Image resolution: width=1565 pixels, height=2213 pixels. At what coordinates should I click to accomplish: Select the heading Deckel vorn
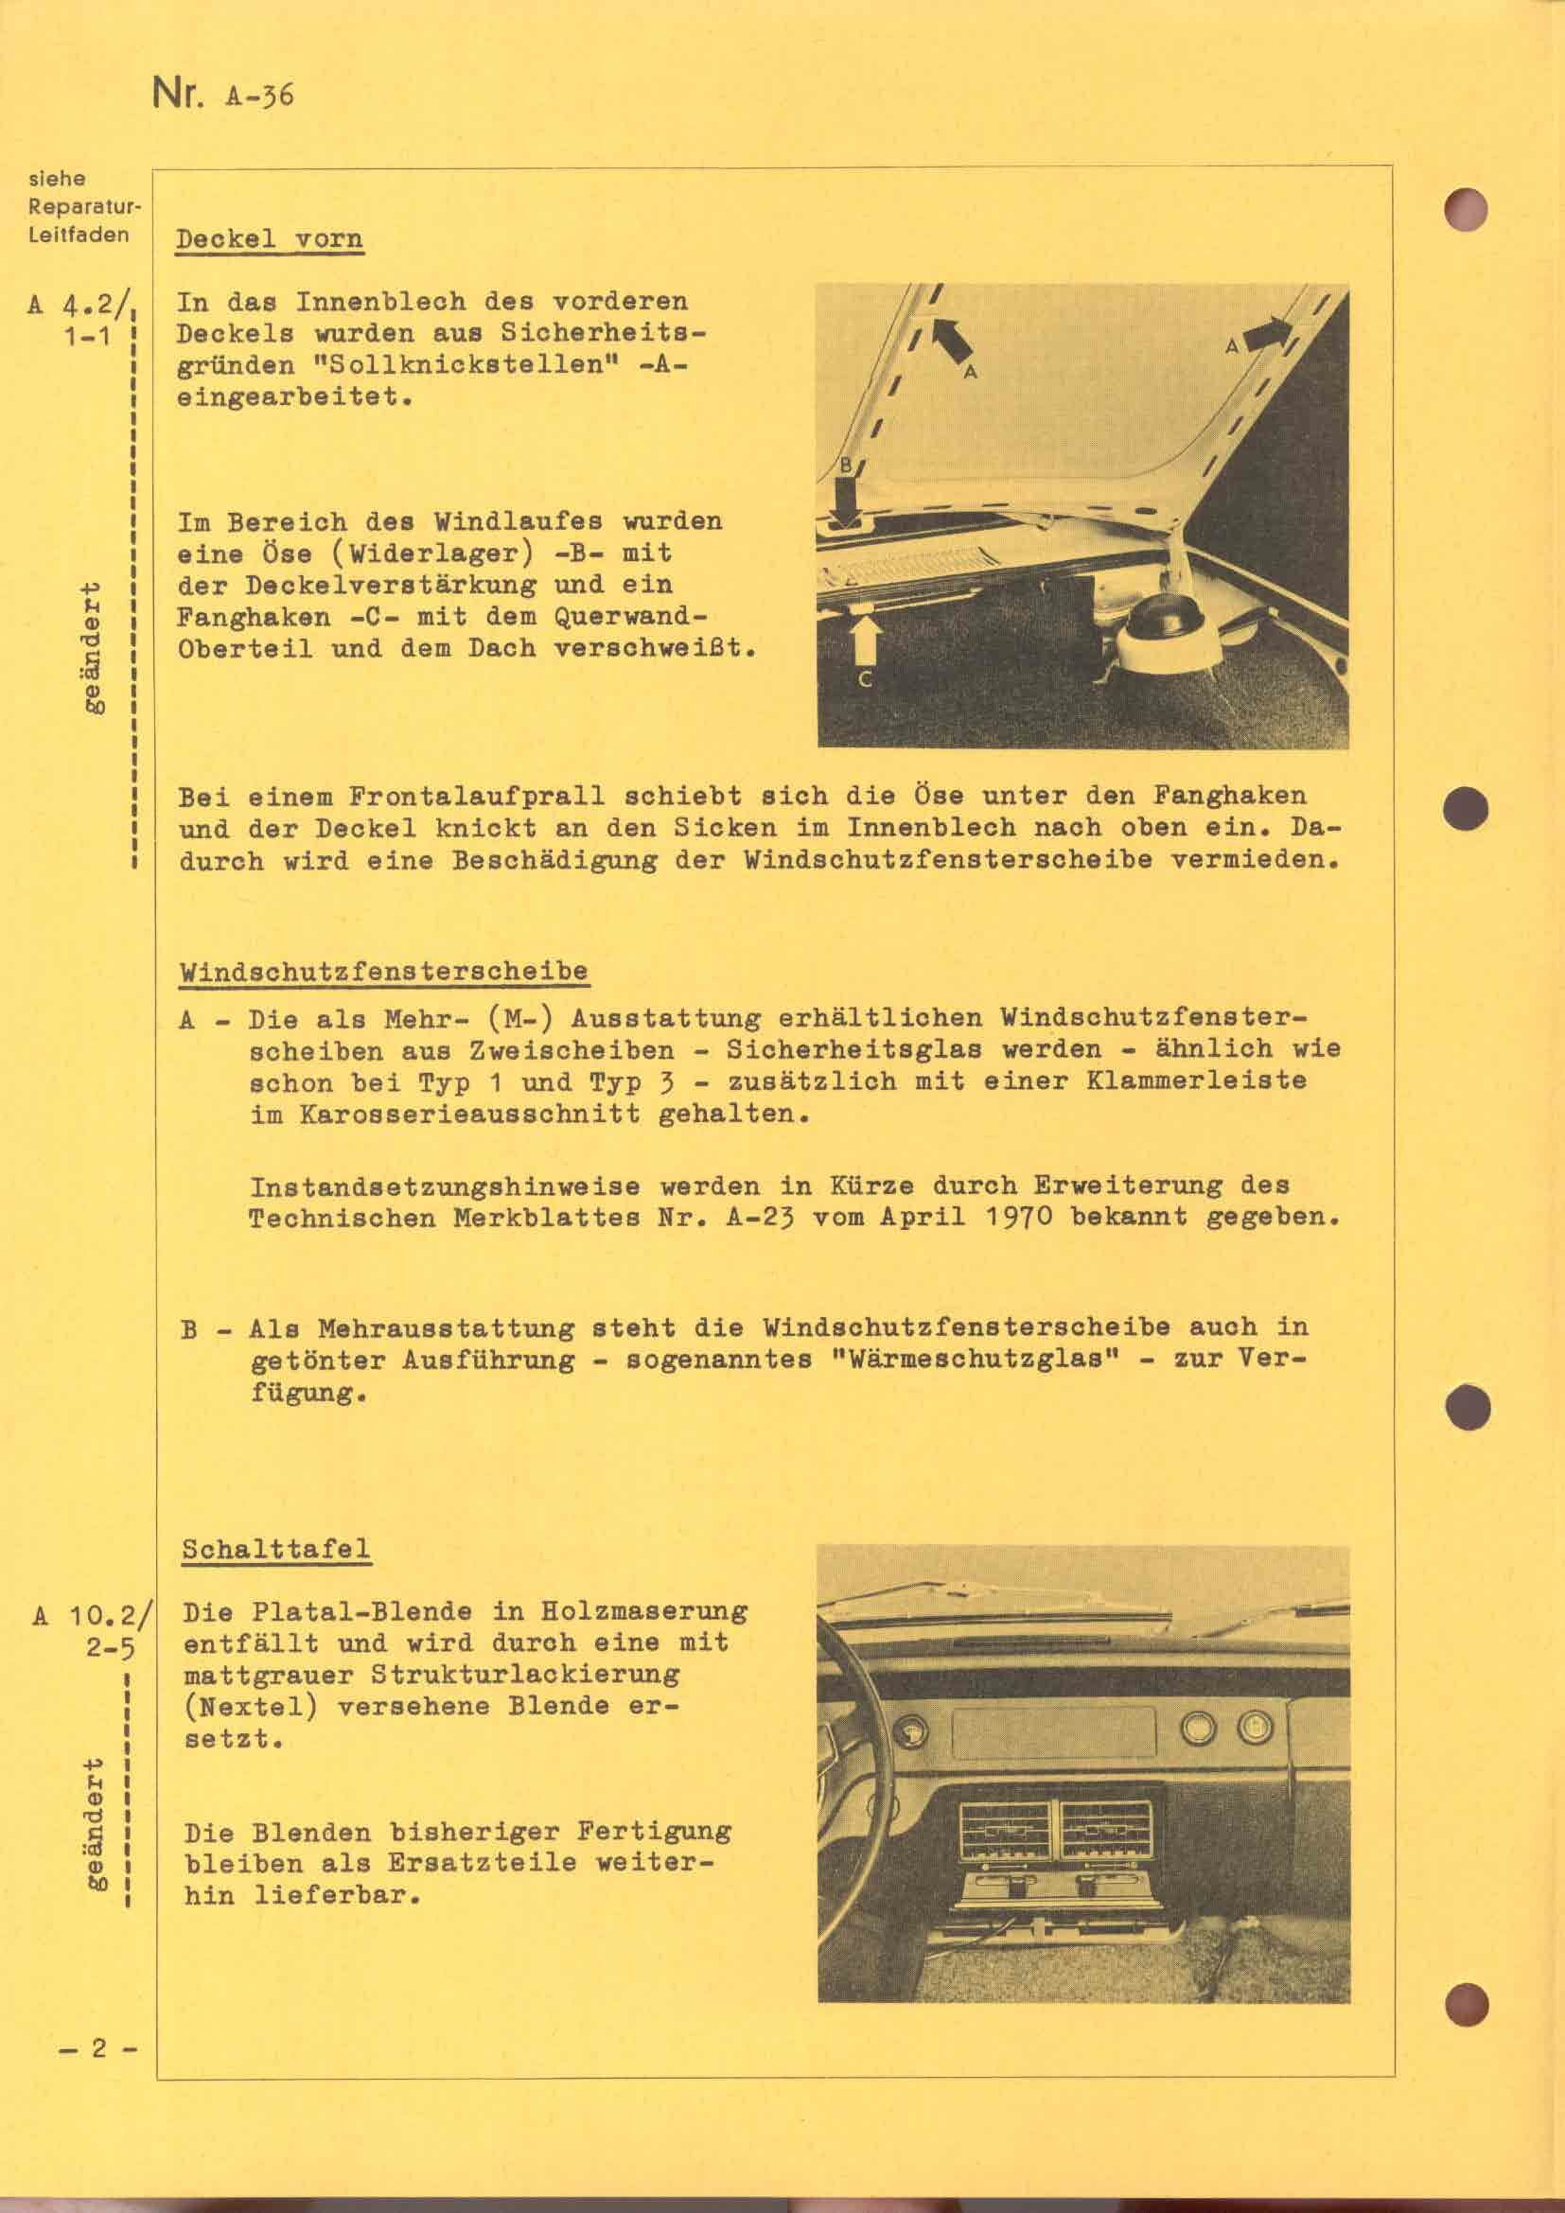270,239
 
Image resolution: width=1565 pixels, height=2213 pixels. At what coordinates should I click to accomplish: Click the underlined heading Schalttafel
276,1549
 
